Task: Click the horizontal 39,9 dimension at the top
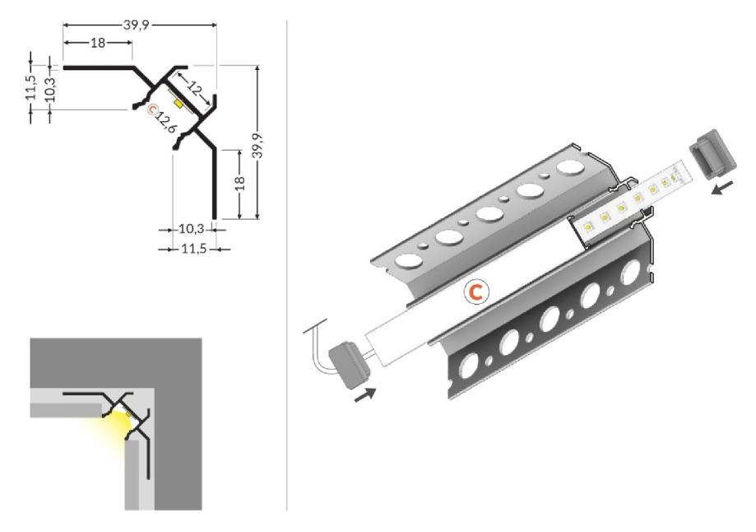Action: pyautogui.click(x=137, y=25)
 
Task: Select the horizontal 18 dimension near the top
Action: pyautogui.click(x=98, y=43)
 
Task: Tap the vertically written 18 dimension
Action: pyautogui.click(x=239, y=183)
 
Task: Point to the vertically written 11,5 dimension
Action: pyautogui.click(x=31, y=87)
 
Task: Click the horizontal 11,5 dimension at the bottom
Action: pyautogui.click(x=193, y=249)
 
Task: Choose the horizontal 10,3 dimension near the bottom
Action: pyautogui.click(x=192, y=229)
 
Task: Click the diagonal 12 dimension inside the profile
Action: pyautogui.click(x=194, y=88)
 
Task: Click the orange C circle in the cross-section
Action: pyautogui.click(x=153, y=110)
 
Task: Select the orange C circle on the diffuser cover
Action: pyautogui.click(x=476, y=292)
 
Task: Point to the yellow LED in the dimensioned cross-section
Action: pyautogui.click(x=179, y=104)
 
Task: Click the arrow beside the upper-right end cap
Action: pyautogui.click(x=723, y=187)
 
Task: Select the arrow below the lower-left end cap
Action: pyautogui.click(x=365, y=395)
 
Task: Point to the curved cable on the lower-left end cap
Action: pyautogui.click(x=316, y=346)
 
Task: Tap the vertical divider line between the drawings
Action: pyautogui.click(x=287, y=265)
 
